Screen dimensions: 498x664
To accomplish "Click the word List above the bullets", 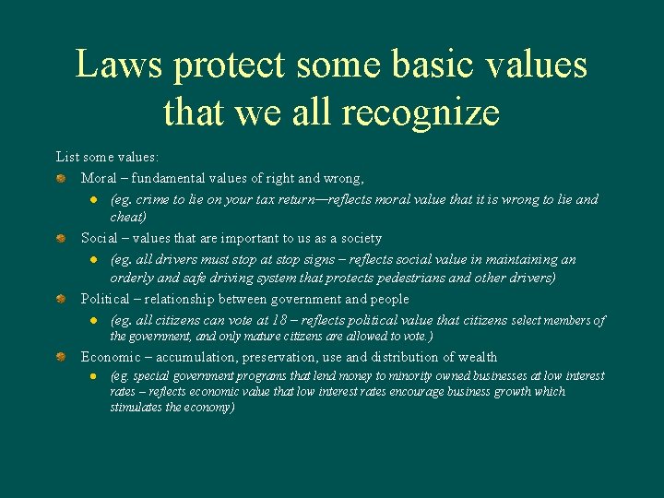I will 67,158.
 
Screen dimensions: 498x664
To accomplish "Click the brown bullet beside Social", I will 59,239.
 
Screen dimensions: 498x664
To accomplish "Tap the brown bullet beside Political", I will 59,300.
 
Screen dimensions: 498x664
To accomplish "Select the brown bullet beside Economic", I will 59,357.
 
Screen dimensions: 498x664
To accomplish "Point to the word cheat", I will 126,217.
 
